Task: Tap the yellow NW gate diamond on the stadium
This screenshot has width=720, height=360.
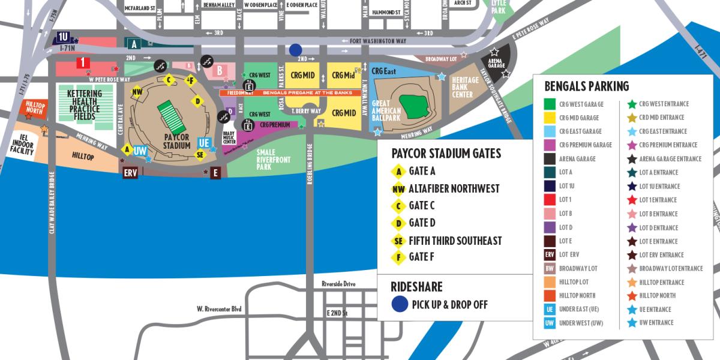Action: point(137,92)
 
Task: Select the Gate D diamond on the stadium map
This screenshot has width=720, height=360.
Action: point(197,101)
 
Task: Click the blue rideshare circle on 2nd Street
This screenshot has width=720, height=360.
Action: point(295,50)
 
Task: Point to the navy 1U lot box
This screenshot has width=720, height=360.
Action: point(64,37)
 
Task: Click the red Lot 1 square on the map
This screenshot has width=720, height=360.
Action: point(82,63)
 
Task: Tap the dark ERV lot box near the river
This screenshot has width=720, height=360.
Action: point(130,173)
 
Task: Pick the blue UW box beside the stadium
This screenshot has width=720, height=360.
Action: point(140,151)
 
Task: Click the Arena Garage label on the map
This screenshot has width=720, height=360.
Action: point(496,64)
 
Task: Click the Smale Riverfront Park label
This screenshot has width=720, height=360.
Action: point(274,160)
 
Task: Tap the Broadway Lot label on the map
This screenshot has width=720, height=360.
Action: point(441,59)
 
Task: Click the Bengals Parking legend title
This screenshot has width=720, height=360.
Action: point(586,86)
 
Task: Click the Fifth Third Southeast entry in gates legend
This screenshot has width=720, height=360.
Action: point(455,241)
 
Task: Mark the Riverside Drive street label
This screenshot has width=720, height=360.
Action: point(338,284)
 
